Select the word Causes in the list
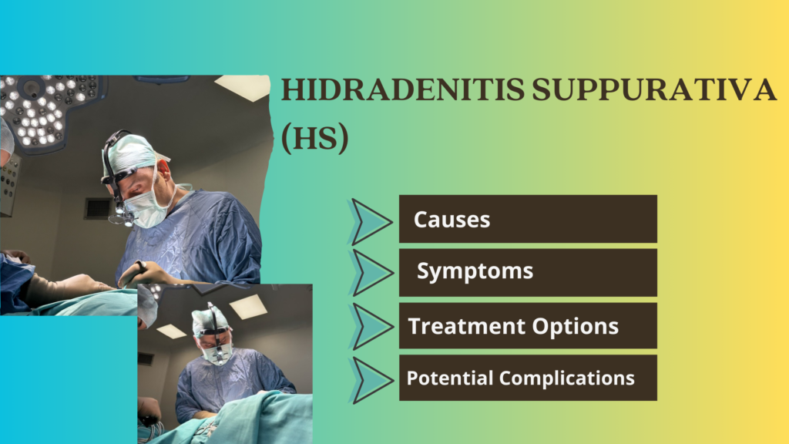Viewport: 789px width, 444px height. [x=452, y=220]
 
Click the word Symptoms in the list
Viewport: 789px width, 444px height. [x=475, y=272]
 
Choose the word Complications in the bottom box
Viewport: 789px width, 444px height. [x=567, y=378]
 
